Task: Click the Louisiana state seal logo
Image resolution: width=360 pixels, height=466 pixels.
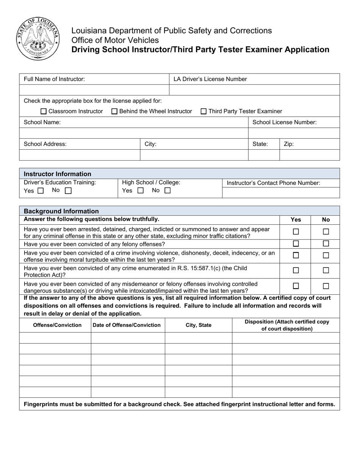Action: [x=38, y=39]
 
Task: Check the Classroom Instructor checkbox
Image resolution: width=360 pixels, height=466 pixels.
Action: [x=43, y=111]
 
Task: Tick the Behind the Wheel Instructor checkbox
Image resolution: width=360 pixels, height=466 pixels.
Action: [x=114, y=111]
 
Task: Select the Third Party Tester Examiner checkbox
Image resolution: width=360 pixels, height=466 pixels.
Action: [x=203, y=111]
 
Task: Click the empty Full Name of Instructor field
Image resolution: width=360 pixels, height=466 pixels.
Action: [x=94, y=90]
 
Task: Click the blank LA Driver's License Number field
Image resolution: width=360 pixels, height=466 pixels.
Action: [x=254, y=90]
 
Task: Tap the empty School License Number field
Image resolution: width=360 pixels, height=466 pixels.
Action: [x=294, y=133]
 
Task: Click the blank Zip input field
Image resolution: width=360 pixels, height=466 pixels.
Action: [x=309, y=155]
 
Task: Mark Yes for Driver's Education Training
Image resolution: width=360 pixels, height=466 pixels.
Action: [x=41, y=191]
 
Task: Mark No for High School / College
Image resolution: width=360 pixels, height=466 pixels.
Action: [x=167, y=191]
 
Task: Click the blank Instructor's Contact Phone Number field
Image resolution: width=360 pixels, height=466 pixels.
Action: [x=280, y=193]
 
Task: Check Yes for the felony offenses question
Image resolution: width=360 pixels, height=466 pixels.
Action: [x=296, y=244]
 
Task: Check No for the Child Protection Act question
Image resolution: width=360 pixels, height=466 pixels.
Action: [x=326, y=271]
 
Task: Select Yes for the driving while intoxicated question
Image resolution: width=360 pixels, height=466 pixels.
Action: [x=296, y=286]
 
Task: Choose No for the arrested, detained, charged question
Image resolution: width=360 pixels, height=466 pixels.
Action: [x=326, y=231]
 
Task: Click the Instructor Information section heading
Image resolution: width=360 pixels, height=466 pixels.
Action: [x=58, y=174]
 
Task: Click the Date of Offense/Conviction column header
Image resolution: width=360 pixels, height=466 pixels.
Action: [x=127, y=325]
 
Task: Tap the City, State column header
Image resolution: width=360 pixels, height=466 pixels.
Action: [x=199, y=325]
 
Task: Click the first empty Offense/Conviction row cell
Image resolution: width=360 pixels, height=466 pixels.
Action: [x=55, y=338]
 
